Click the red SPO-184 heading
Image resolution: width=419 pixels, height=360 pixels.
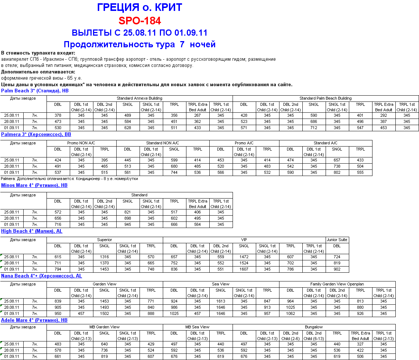pyautogui.click(x=140, y=20)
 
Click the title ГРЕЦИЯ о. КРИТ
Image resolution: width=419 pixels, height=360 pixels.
pyautogui.click(x=140, y=7)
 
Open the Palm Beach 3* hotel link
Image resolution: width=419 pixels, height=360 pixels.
pyautogui.click(x=35, y=91)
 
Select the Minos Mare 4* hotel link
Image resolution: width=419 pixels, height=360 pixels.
pyautogui.click(x=34, y=185)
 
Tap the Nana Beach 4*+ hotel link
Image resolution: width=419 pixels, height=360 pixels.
pyautogui.click(x=41, y=276)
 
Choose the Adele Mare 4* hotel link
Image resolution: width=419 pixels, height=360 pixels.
pyautogui.click(x=34, y=320)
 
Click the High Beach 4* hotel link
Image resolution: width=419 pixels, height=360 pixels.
pyautogui.click(x=32, y=231)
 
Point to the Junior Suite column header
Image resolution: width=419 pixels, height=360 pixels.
pyautogui.click(x=337, y=240)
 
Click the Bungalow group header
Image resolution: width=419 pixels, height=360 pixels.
pyautogui.click(x=314, y=327)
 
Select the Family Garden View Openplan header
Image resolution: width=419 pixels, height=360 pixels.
pyautogui.click(x=337, y=284)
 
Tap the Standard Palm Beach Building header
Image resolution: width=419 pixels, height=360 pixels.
pyautogui.click(x=325, y=98)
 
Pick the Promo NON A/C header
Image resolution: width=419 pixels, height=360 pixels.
pyautogui.click(x=81, y=143)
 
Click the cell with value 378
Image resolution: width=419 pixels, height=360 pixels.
pyautogui.click(x=58, y=115)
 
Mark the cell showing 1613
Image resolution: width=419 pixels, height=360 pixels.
pyautogui.click(x=221, y=301)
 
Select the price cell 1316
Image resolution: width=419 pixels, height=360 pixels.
pyautogui.click(x=104, y=257)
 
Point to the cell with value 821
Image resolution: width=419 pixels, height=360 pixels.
pyautogui.click(x=128, y=212)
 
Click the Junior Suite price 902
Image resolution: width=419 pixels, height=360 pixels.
pyautogui.click(x=337, y=269)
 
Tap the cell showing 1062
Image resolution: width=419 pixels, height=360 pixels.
pyautogui.click(x=290, y=313)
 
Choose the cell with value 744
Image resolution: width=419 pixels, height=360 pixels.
pyautogui.click(x=174, y=172)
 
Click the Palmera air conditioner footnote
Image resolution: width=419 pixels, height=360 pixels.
pyautogui.click(x=69, y=179)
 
